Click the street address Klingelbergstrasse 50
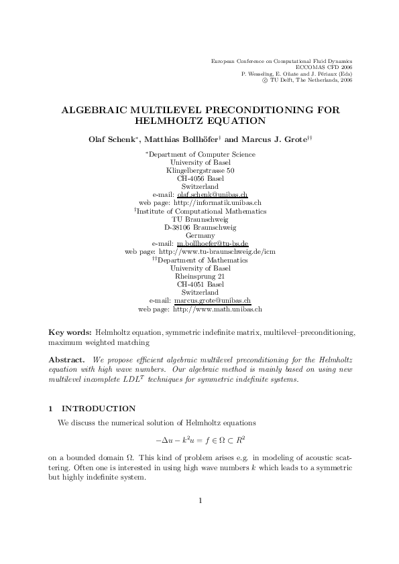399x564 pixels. click(x=200, y=170)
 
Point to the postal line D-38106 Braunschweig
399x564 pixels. click(x=200, y=228)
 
